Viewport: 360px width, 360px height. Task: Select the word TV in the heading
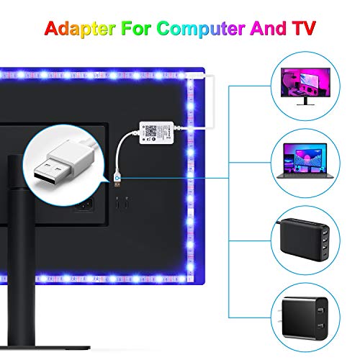(304, 28)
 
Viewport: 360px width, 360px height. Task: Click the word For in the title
(135, 28)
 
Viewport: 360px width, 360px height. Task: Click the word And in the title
(268, 28)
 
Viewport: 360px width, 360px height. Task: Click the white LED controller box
(156, 132)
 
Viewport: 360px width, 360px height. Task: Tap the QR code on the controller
(151, 130)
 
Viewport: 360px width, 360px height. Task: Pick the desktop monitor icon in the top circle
(305, 86)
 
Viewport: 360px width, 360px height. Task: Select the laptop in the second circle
(305, 161)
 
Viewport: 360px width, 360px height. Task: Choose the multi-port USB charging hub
(305, 240)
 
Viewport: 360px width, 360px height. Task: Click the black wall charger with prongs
(304, 318)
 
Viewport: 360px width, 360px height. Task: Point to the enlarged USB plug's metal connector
(53, 172)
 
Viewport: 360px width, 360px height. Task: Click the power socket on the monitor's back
(84, 204)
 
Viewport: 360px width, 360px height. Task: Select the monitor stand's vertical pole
(21, 250)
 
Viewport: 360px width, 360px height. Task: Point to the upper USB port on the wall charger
(320, 310)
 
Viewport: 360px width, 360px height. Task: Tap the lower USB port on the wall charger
(320, 326)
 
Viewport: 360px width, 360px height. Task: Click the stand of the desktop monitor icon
(305, 102)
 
